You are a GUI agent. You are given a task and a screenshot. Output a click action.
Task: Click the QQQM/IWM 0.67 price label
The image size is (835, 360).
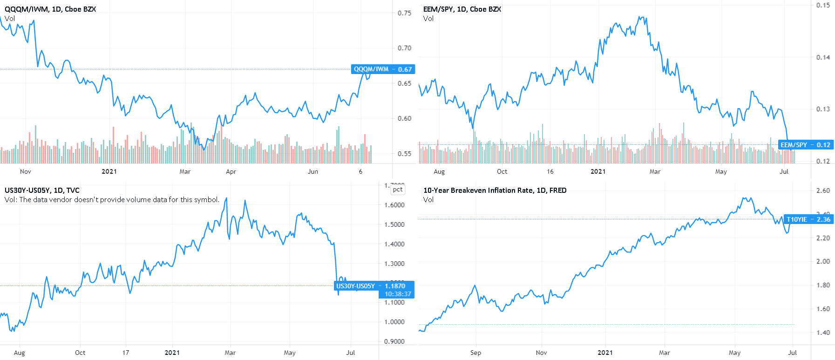[x=382, y=69]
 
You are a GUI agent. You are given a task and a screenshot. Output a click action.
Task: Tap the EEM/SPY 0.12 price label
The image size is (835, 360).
[x=805, y=145]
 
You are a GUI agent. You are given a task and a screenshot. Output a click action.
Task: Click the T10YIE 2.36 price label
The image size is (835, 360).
[x=808, y=219]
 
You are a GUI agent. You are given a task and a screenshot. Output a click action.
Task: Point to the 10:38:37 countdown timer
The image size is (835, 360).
[x=398, y=294]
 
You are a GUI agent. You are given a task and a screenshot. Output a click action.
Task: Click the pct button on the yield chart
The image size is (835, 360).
[x=397, y=190]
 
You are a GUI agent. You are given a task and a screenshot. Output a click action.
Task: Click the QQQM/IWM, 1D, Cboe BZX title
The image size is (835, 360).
[x=50, y=9]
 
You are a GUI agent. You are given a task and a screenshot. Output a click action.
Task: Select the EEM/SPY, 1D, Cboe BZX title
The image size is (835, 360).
[x=462, y=9]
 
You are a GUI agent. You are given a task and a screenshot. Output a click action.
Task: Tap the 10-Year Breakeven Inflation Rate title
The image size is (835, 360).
[x=495, y=190]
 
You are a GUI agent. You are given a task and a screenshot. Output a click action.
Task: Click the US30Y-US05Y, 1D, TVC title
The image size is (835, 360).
[x=42, y=190]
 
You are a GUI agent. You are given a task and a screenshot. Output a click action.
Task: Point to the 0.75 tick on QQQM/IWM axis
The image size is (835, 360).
[x=404, y=13]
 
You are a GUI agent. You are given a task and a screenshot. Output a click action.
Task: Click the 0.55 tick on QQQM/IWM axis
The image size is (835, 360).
[x=404, y=154]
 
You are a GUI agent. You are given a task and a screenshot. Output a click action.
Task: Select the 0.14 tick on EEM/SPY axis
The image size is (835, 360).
[x=823, y=57]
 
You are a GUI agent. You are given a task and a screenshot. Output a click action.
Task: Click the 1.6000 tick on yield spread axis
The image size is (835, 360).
[x=394, y=205]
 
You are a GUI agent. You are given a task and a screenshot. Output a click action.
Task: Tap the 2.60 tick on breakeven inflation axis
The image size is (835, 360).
[x=823, y=190]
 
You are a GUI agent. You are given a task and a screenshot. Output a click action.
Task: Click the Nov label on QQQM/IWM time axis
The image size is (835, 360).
[x=26, y=171]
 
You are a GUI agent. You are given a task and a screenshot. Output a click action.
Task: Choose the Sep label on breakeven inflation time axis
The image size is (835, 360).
[x=475, y=353]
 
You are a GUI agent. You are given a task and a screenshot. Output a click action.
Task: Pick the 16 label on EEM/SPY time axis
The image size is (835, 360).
[x=550, y=171]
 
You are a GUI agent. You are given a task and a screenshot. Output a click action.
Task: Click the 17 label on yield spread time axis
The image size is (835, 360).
[x=126, y=353]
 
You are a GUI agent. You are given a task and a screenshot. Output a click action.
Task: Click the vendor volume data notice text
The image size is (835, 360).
[x=112, y=200]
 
